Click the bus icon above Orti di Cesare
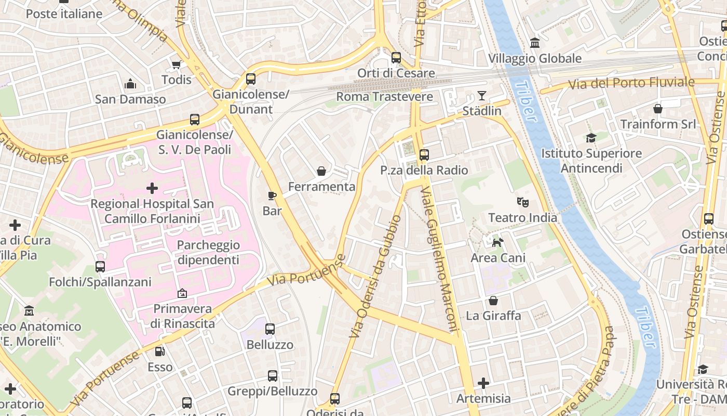[x=396, y=58]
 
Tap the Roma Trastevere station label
[x=384, y=97]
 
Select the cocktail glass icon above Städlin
[x=482, y=96]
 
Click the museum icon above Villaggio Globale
[x=534, y=43]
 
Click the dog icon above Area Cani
[x=497, y=242]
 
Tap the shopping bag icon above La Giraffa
[x=493, y=301]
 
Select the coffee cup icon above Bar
[x=272, y=196]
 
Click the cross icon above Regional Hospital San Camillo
[x=152, y=188]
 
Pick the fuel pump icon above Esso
[x=160, y=352]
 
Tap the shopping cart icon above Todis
[x=176, y=64]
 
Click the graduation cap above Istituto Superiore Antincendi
[x=591, y=138]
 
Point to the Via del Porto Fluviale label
[x=631, y=83]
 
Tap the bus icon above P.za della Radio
[x=424, y=154]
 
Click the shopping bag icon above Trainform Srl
[x=658, y=109]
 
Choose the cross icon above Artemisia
[x=483, y=383]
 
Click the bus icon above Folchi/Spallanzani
[x=100, y=267]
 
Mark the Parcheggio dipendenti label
[x=208, y=252]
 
